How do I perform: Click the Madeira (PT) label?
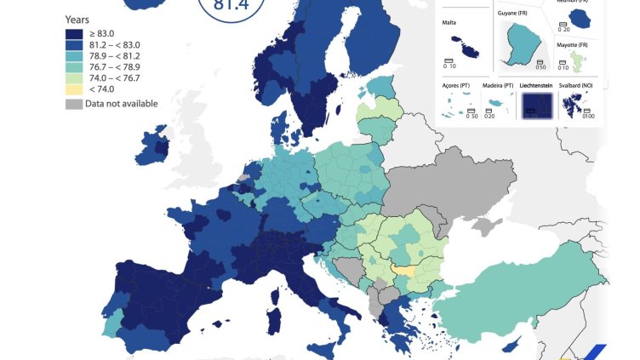(498, 87)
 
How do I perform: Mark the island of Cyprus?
(511, 344)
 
